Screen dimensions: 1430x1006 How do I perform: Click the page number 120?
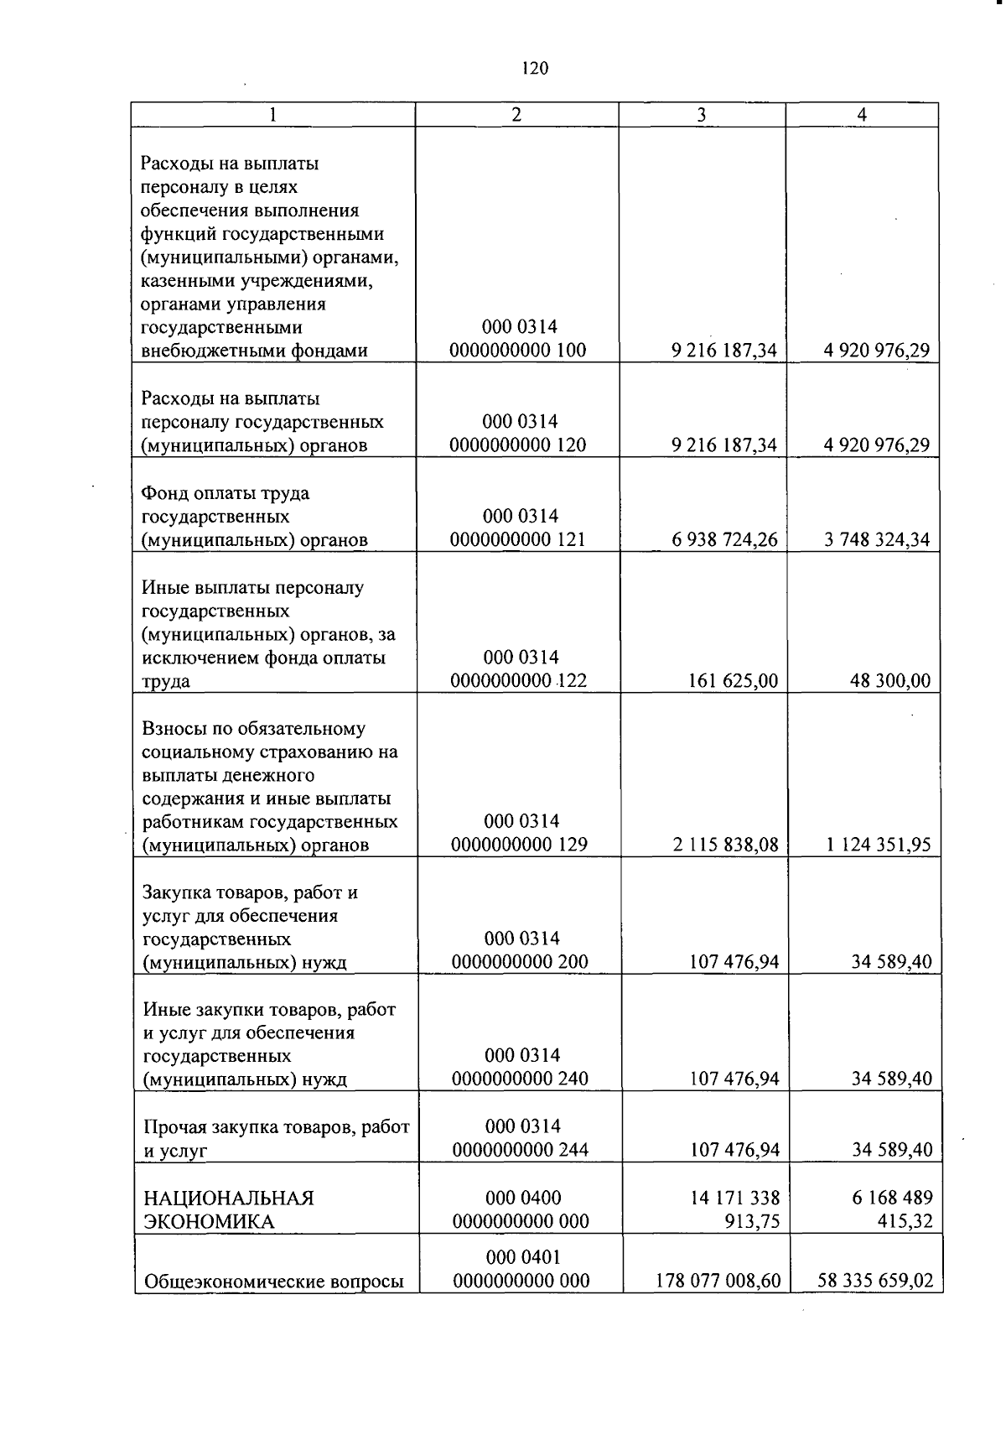pyautogui.click(x=534, y=69)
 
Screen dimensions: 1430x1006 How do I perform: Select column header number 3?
pyautogui.click(x=701, y=115)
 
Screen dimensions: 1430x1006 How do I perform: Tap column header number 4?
pyautogui.click(x=862, y=115)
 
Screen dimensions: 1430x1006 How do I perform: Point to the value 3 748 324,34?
pyautogui.click(x=877, y=540)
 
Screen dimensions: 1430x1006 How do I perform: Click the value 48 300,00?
pyautogui.click(x=890, y=681)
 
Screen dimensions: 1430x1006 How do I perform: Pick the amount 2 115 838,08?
pyautogui.click(x=725, y=845)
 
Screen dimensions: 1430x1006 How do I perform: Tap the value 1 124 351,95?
pyautogui.click(x=879, y=845)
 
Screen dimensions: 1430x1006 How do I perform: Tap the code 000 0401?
pyautogui.click(x=523, y=1257)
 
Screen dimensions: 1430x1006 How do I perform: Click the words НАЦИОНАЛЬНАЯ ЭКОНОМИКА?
pyautogui.click(x=229, y=1209)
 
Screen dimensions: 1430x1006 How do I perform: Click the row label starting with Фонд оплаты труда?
pyautogui.click(x=255, y=517)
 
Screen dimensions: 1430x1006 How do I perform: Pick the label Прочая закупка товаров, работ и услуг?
pyautogui.click(x=276, y=1138)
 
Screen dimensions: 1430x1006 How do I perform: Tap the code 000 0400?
pyautogui.click(x=523, y=1198)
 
